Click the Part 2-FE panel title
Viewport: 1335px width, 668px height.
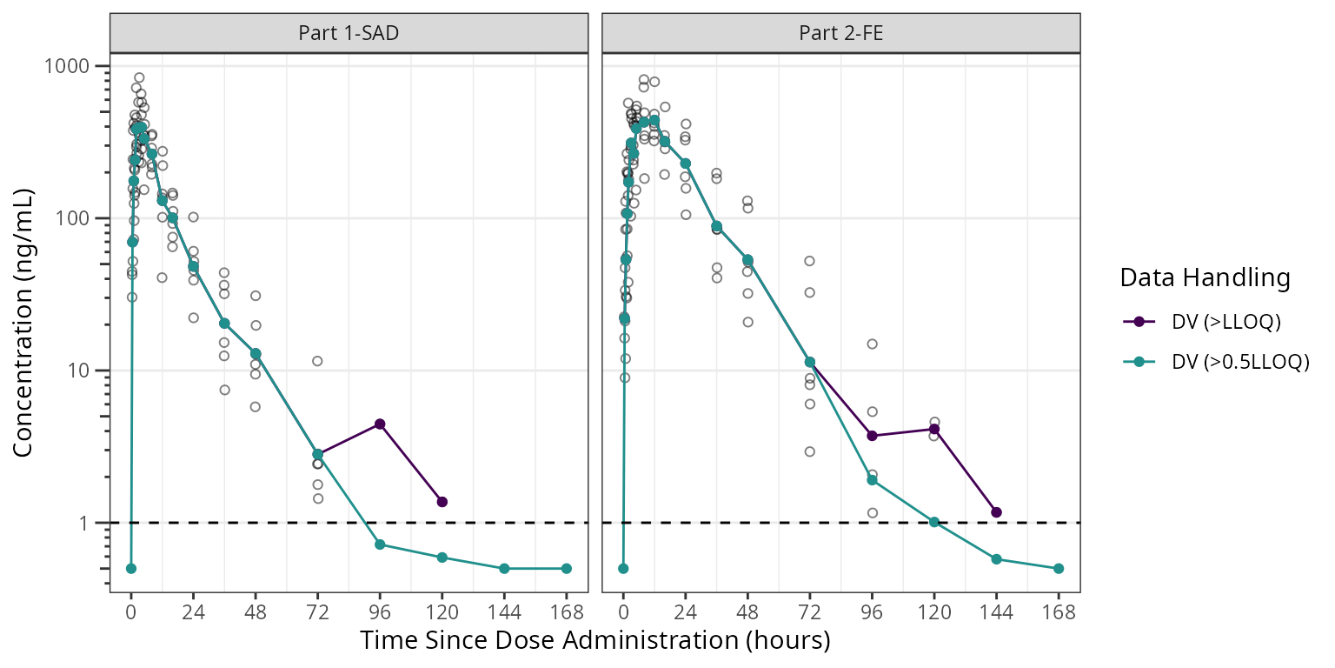pyautogui.click(x=840, y=34)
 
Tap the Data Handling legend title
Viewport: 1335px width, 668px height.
pyautogui.click(x=1205, y=278)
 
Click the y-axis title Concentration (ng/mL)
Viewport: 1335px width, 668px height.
pyautogui.click(x=24, y=321)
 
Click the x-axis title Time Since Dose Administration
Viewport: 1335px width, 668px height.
pyautogui.click(x=595, y=641)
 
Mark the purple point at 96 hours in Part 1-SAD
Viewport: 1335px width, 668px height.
pyautogui.click(x=380, y=424)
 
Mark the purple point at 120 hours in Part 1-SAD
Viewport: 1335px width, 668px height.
pyautogui.click(x=442, y=502)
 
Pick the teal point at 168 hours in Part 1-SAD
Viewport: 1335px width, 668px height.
pyautogui.click(x=567, y=568)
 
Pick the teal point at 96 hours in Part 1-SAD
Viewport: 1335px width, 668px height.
pyautogui.click(x=380, y=544)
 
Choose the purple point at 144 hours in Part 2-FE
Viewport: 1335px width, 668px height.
pyautogui.click(x=996, y=512)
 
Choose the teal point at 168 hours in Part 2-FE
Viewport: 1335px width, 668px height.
pyautogui.click(x=1059, y=568)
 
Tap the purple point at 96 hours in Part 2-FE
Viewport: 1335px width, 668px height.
pyautogui.click(x=872, y=436)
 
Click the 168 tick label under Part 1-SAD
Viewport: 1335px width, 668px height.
pyautogui.click(x=567, y=612)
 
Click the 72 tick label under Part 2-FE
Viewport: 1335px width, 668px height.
pyautogui.click(x=809, y=612)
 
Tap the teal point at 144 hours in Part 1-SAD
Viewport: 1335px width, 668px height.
pyautogui.click(x=504, y=568)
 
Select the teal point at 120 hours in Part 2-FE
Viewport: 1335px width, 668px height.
pyautogui.click(x=934, y=522)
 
